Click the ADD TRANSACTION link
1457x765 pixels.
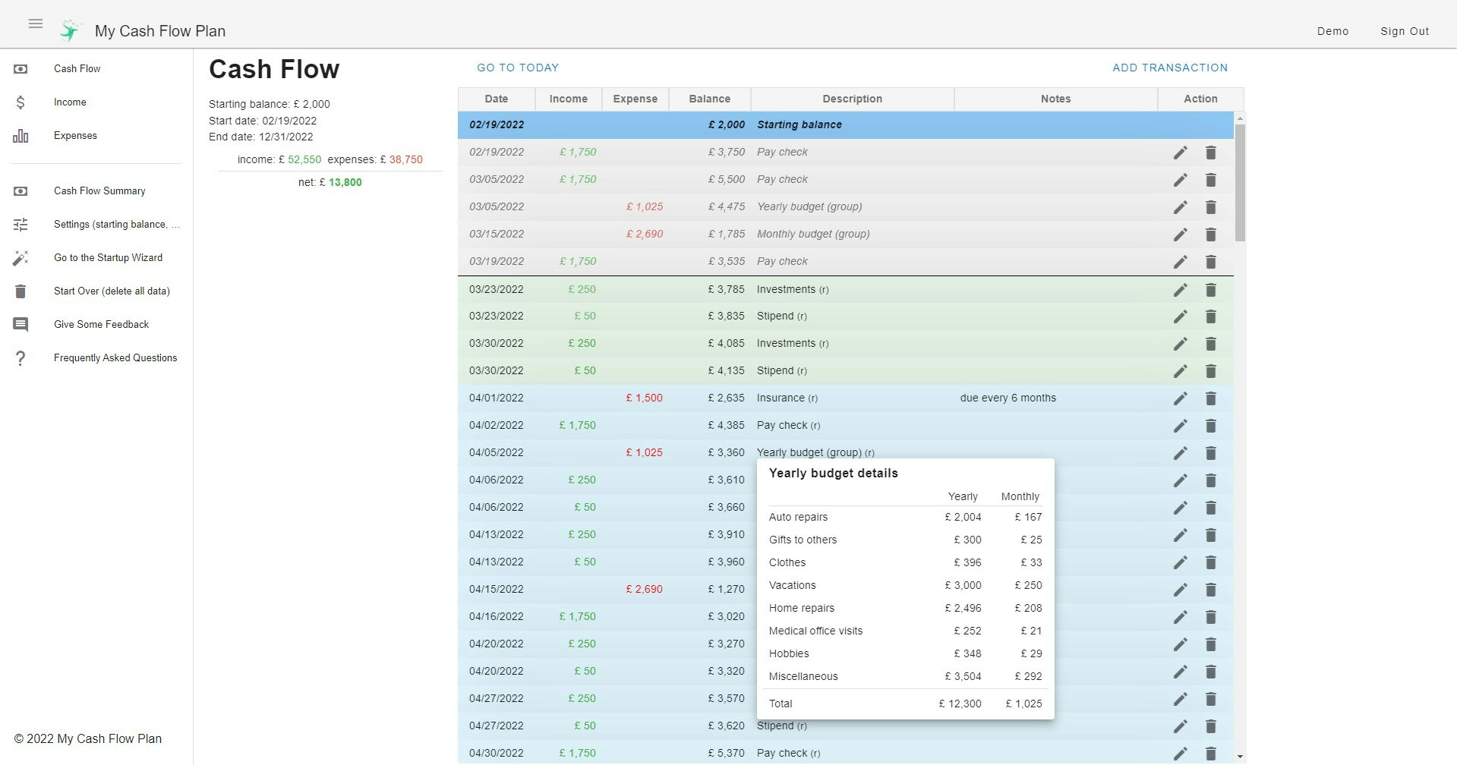pos(1169,68)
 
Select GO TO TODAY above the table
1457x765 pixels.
pos(517,68)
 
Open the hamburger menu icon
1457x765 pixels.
pos(36,24)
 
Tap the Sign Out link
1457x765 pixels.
pos(1404,31)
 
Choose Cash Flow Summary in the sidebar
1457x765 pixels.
pos(99,191)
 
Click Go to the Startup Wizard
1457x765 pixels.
pos(108,258)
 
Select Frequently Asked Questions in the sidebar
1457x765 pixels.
pos(115,358)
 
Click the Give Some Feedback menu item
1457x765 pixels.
pos(101,325)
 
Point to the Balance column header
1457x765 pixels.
pos(709,99)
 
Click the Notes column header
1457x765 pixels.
pos(1055,99)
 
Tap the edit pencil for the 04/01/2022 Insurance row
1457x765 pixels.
pos(1180,398)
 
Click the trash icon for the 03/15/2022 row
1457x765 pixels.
pos(1211,235)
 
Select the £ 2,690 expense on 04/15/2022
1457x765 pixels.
pos(644,589)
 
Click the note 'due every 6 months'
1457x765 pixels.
pos(1008,398)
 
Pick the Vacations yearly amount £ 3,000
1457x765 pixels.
pos(963,585)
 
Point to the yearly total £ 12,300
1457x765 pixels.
pos(960,704)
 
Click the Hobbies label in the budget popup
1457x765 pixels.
pos(789,653)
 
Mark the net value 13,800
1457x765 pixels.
pos(345,182)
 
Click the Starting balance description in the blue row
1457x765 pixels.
pos(799,124)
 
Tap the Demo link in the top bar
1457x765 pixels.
pos(1332,31)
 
